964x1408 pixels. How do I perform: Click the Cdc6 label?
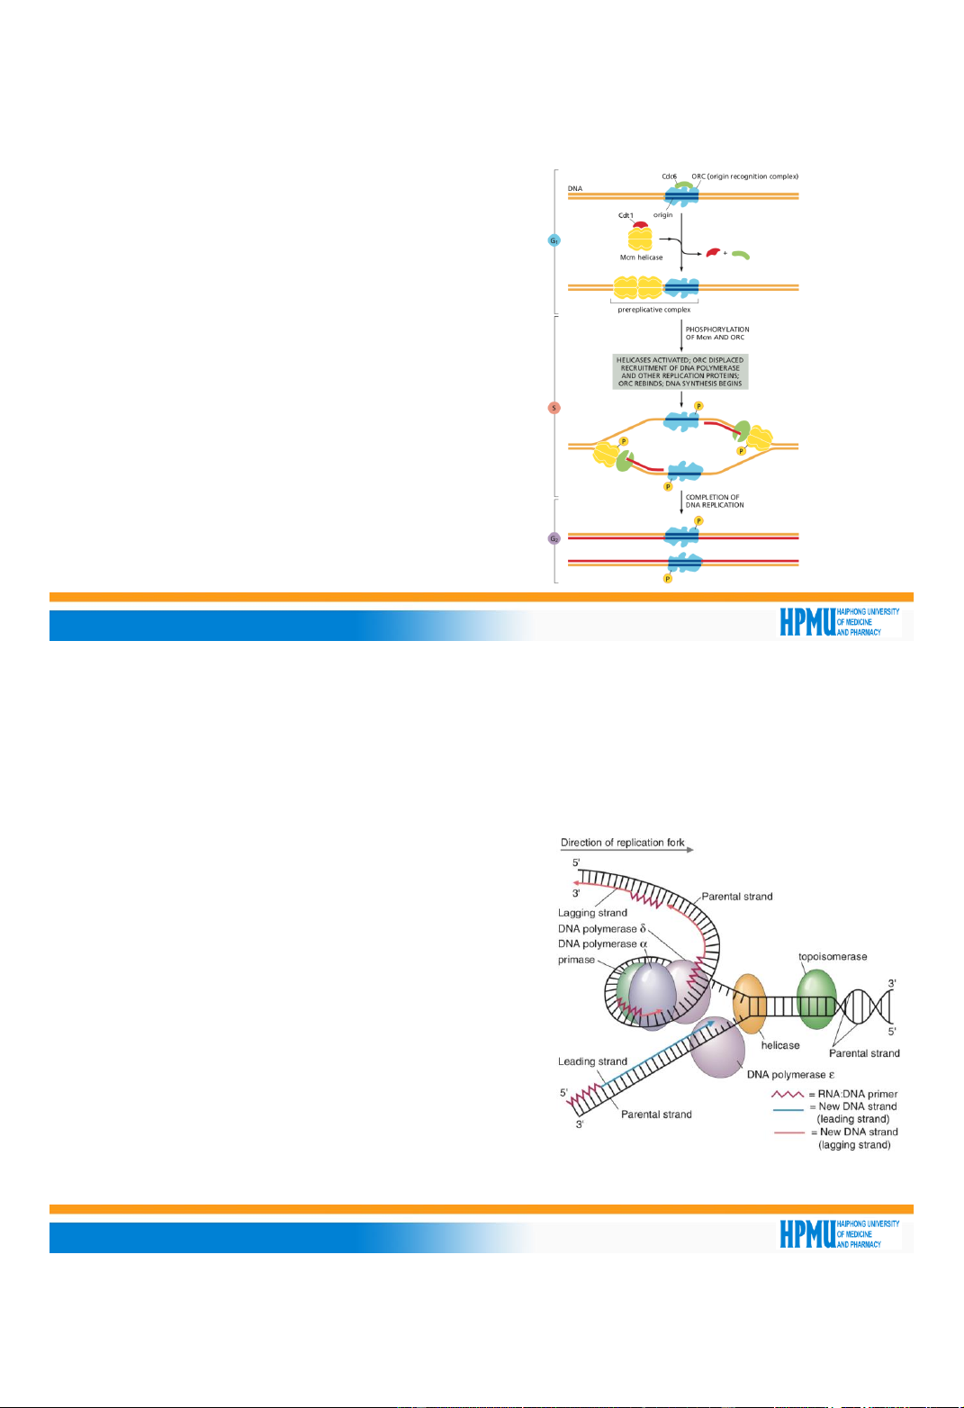(669, 176)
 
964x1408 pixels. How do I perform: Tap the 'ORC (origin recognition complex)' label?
(744, 176)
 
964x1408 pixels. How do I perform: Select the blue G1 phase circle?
(554, 241)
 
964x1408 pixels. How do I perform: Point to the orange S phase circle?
(554, 408)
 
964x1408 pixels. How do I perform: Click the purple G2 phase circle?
(554, 538)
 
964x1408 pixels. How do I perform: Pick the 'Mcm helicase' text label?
(641, 257)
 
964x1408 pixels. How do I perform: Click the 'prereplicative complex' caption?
(653, 310)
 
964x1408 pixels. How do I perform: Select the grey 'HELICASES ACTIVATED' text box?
(680, 371)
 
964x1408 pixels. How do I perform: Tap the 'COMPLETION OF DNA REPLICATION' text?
(715, 501)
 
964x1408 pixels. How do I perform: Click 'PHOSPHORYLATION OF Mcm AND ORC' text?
(717, 333)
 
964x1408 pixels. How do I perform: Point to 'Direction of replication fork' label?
(622, 843)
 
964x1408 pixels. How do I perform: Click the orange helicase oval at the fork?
(749, 1001)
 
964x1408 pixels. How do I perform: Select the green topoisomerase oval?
(816, 997)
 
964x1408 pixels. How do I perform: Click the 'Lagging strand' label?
(592, 913)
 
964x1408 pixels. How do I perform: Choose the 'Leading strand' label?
(592, 1061)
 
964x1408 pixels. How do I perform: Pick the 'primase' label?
(576, 960)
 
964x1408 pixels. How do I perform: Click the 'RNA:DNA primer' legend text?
(857, 1094)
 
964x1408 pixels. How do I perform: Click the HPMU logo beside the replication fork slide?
(839, 1233)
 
